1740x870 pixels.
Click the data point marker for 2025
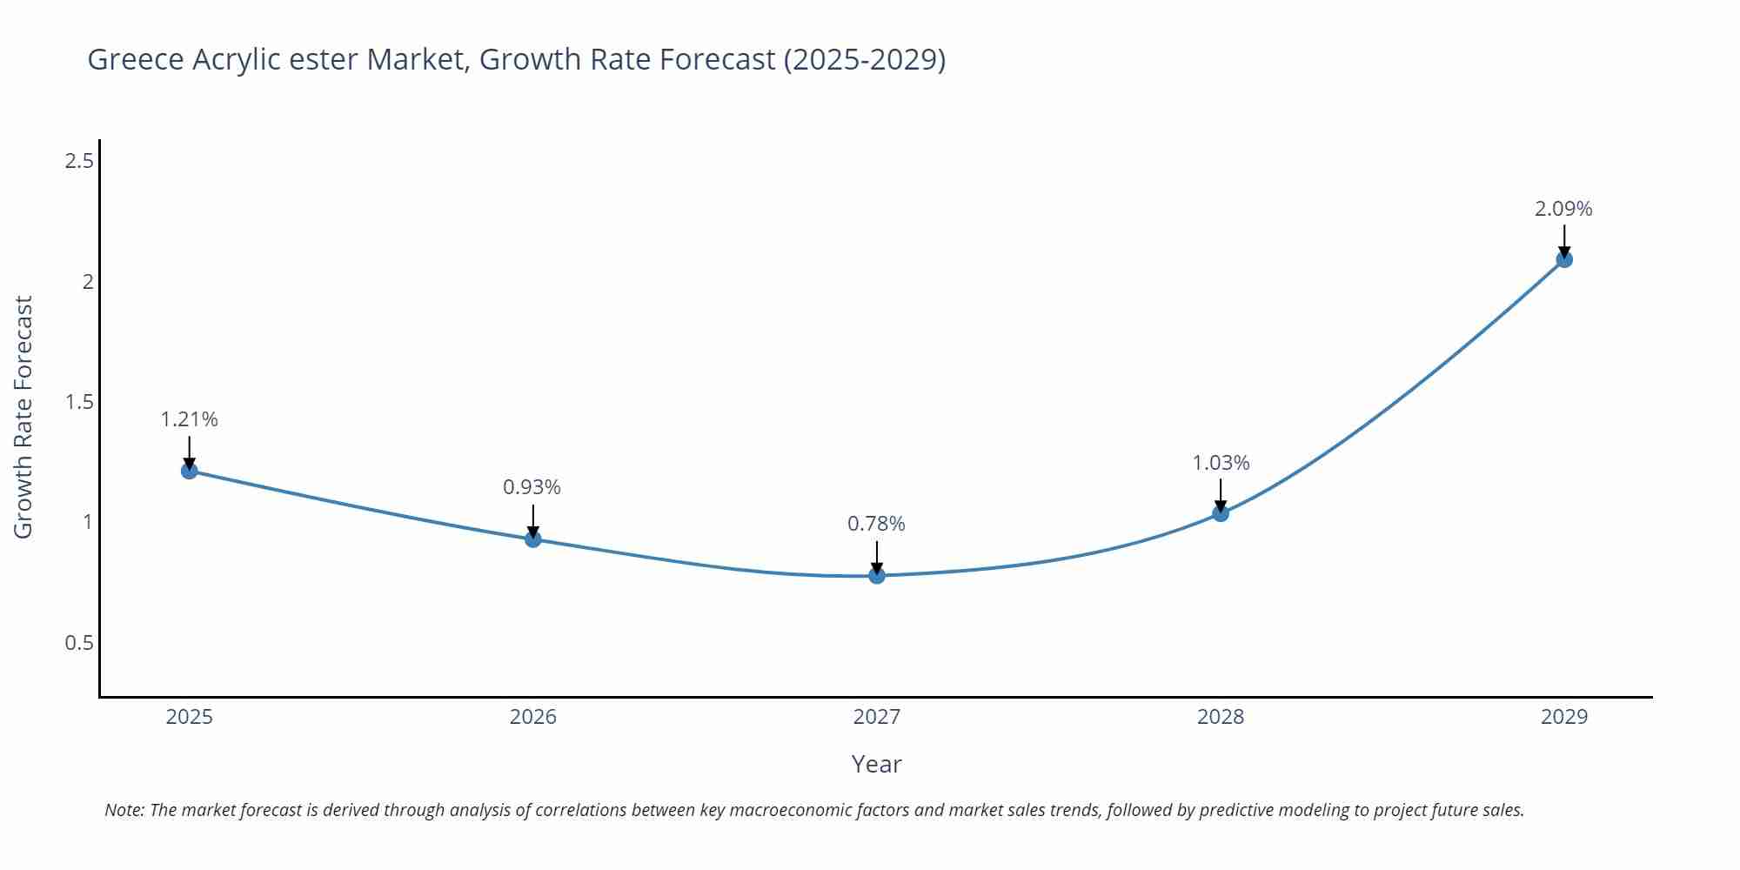(x=190, y=471)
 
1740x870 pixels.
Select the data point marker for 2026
(x=533, y=539)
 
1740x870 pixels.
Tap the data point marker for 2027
(x=877, y=575)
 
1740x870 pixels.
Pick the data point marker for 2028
(x=1221, y=513)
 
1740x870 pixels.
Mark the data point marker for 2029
(x=1564, y=259)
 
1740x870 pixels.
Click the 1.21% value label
(x=189, y=419)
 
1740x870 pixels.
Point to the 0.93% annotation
(x=532, y=487)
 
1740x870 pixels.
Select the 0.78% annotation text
(x=876, y=524)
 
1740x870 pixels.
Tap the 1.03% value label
(x=1221, y=463)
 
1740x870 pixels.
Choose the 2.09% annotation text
(x=1563, y=209)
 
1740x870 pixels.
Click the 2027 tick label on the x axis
(x=877, y=717)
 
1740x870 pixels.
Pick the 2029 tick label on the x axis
(x=1564, y=717)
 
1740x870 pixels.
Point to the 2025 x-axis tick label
(x=190, y=717)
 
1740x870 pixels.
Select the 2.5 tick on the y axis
(x=79, y=161)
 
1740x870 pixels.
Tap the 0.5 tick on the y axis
(x=79, y=643)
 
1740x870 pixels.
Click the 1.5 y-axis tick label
(x=79, y=402)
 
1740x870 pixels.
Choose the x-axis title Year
(x=876, y=764)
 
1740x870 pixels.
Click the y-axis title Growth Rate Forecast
(x=23, y=417)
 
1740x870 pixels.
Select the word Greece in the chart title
(x=136, y=59)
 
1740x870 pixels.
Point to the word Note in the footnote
(x=124, y=810)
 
